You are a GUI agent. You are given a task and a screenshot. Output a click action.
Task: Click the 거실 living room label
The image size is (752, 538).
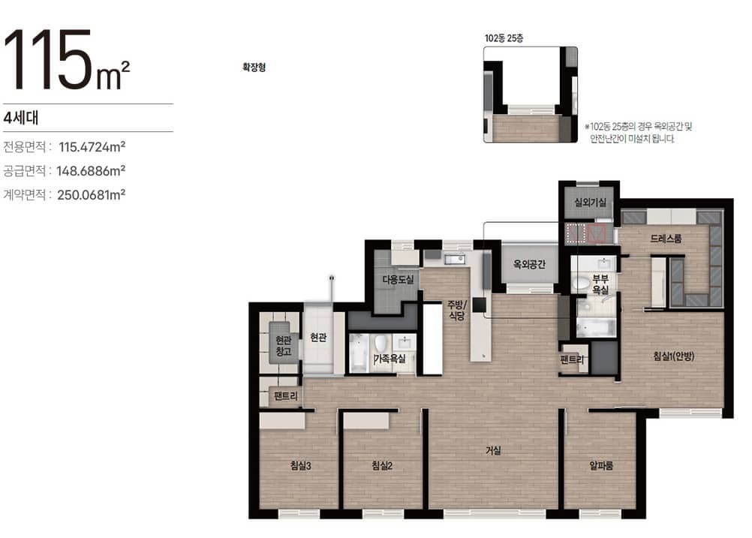click(x=493, y=450)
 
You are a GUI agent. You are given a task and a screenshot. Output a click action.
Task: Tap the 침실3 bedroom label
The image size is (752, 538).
click(x=301, y=465)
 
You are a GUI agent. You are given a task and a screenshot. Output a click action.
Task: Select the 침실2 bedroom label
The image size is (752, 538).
click(x=382, y=465)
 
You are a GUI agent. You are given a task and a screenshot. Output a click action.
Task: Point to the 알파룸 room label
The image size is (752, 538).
click(x=601, y=465)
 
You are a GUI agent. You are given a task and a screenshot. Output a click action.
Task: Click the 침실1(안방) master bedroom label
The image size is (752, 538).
click(x=673, y=356)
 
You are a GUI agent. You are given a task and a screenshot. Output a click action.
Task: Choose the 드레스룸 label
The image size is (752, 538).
click(x=666, y=239)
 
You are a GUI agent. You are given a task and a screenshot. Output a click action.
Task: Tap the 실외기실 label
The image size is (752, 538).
click(x=590, y=203)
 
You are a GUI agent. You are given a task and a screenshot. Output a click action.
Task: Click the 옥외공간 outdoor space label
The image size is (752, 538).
click(x=529, y=263)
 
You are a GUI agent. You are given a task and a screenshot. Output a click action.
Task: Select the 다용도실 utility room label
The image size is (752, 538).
click(x=398, y=279)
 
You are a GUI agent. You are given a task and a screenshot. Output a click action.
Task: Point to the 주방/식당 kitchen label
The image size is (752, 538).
click(x=457, y=310)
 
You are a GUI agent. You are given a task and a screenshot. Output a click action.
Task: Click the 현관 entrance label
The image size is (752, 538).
click(x=318, y=338)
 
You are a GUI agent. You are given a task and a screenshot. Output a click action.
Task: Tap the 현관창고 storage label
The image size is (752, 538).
click(x=284, y=346)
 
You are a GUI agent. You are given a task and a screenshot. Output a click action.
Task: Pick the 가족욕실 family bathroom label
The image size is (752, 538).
click(x=390, y=358)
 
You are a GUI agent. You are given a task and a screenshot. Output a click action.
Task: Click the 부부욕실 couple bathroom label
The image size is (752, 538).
click(x=600, y=284)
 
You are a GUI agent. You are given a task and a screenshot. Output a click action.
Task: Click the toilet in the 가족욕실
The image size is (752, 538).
click(x=381, y=344)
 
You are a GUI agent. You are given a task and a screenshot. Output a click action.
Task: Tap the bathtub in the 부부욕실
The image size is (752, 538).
click(x=596, y=327)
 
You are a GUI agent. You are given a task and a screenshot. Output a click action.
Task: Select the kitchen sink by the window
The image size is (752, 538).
click(x=454, y=260)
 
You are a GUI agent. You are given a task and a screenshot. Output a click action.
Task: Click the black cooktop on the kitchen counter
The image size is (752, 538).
click(x=479, y=305)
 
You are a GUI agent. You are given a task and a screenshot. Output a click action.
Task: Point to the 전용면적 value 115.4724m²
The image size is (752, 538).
click(x=92, y=147)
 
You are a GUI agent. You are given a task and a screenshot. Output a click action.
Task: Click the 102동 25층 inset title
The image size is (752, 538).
click(x=504, y=38)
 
